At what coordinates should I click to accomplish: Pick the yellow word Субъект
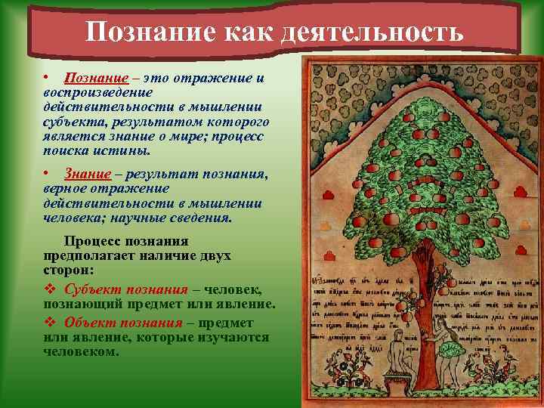(89, 290)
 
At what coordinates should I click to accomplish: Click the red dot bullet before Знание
(47, 173)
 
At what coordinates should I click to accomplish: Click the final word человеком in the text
(80, 351)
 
